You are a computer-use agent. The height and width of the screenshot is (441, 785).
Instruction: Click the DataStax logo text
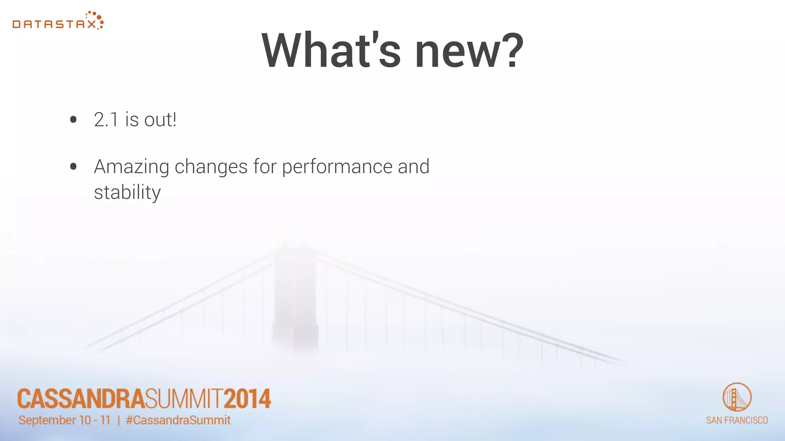pos(54,24)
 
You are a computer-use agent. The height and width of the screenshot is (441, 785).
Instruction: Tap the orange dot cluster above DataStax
pos(95,18)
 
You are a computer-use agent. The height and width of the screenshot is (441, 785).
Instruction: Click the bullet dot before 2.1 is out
pos(73,120)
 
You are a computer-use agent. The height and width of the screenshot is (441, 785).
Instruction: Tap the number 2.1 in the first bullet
pos(106,120)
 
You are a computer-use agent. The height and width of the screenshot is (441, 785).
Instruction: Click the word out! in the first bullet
pos(160,120)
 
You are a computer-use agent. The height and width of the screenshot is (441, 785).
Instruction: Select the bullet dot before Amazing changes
pos(73,167)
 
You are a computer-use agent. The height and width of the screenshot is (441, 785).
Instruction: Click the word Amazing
pos(131,167)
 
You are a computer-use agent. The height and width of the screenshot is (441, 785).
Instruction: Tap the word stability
pos(127,193)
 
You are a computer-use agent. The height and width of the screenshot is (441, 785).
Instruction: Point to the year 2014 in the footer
pos(247,399)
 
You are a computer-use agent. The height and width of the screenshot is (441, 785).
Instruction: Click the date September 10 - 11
pos(64,420)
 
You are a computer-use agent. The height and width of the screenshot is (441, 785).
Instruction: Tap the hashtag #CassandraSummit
pos(178,420)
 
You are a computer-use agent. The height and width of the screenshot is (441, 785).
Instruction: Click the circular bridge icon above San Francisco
pos(737,397)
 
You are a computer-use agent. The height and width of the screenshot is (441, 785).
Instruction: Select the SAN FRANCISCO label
pos(737,420)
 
